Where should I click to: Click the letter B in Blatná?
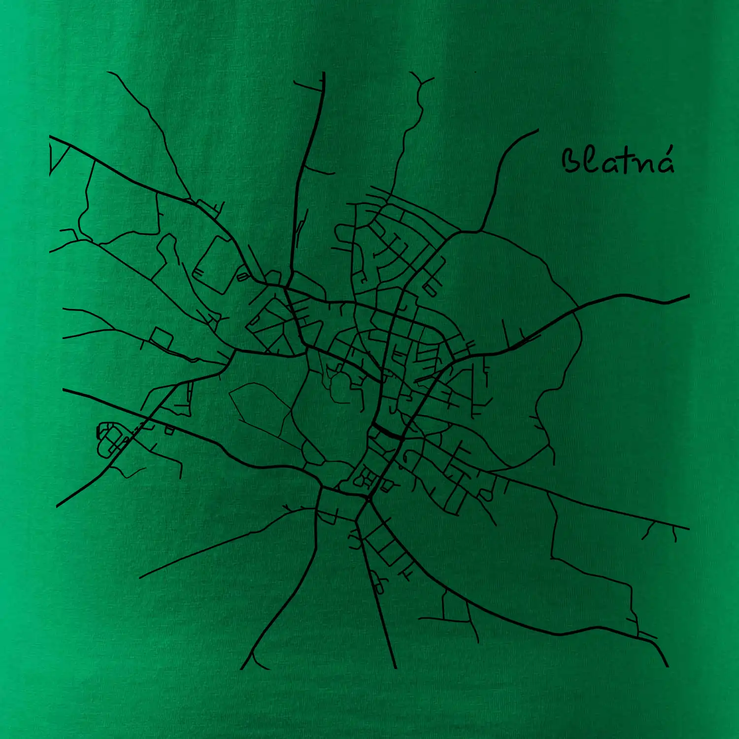(x=571, y=161)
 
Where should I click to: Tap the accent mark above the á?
(x=669, y=149)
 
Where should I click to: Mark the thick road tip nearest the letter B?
(x=537, y=130)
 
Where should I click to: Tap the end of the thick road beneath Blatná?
(x=688, y=296)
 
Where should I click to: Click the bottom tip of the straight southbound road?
(x=396, y=668)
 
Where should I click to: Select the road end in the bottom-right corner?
(x=668, y=666)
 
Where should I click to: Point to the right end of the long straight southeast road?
(x=688, y=529)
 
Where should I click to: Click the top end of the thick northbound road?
(x=324, y=73)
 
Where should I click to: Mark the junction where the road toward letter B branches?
(x=461, y=232)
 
